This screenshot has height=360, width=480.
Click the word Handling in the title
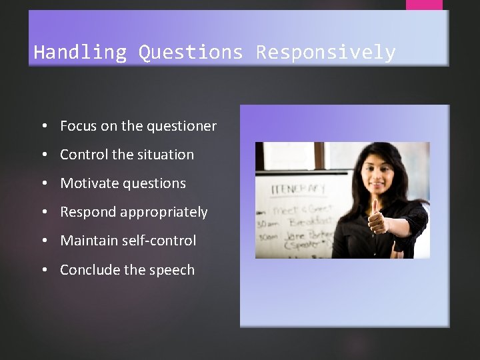pos(79,52)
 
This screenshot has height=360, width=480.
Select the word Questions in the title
pos(191,52)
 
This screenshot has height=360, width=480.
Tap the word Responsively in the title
pos(326,52)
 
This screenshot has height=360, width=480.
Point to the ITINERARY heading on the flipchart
pos(297,190)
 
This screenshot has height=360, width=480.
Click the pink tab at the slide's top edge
pos(424,4)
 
